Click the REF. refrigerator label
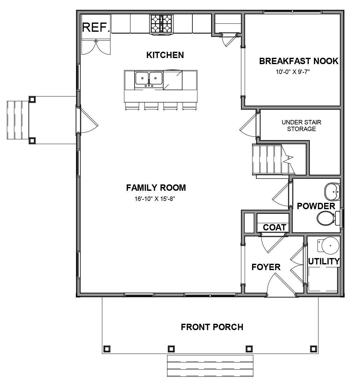coord(96,27)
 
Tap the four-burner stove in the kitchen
coord(161,24)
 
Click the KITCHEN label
coord(165,55)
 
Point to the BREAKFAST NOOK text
coord(299,61)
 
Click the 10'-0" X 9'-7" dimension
coord(292,72)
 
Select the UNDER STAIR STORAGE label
coord(301,125)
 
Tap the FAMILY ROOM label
coord(156,188)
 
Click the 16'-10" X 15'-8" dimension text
coord(155,199)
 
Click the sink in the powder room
coord(332,191)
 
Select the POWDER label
coord(316,206)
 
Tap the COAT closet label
coord(275,227)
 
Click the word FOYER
coord(266,267)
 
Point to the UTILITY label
coord(324,262)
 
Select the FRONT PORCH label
coord(212,327)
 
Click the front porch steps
coord(210,366)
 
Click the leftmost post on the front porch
coord(107,349)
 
